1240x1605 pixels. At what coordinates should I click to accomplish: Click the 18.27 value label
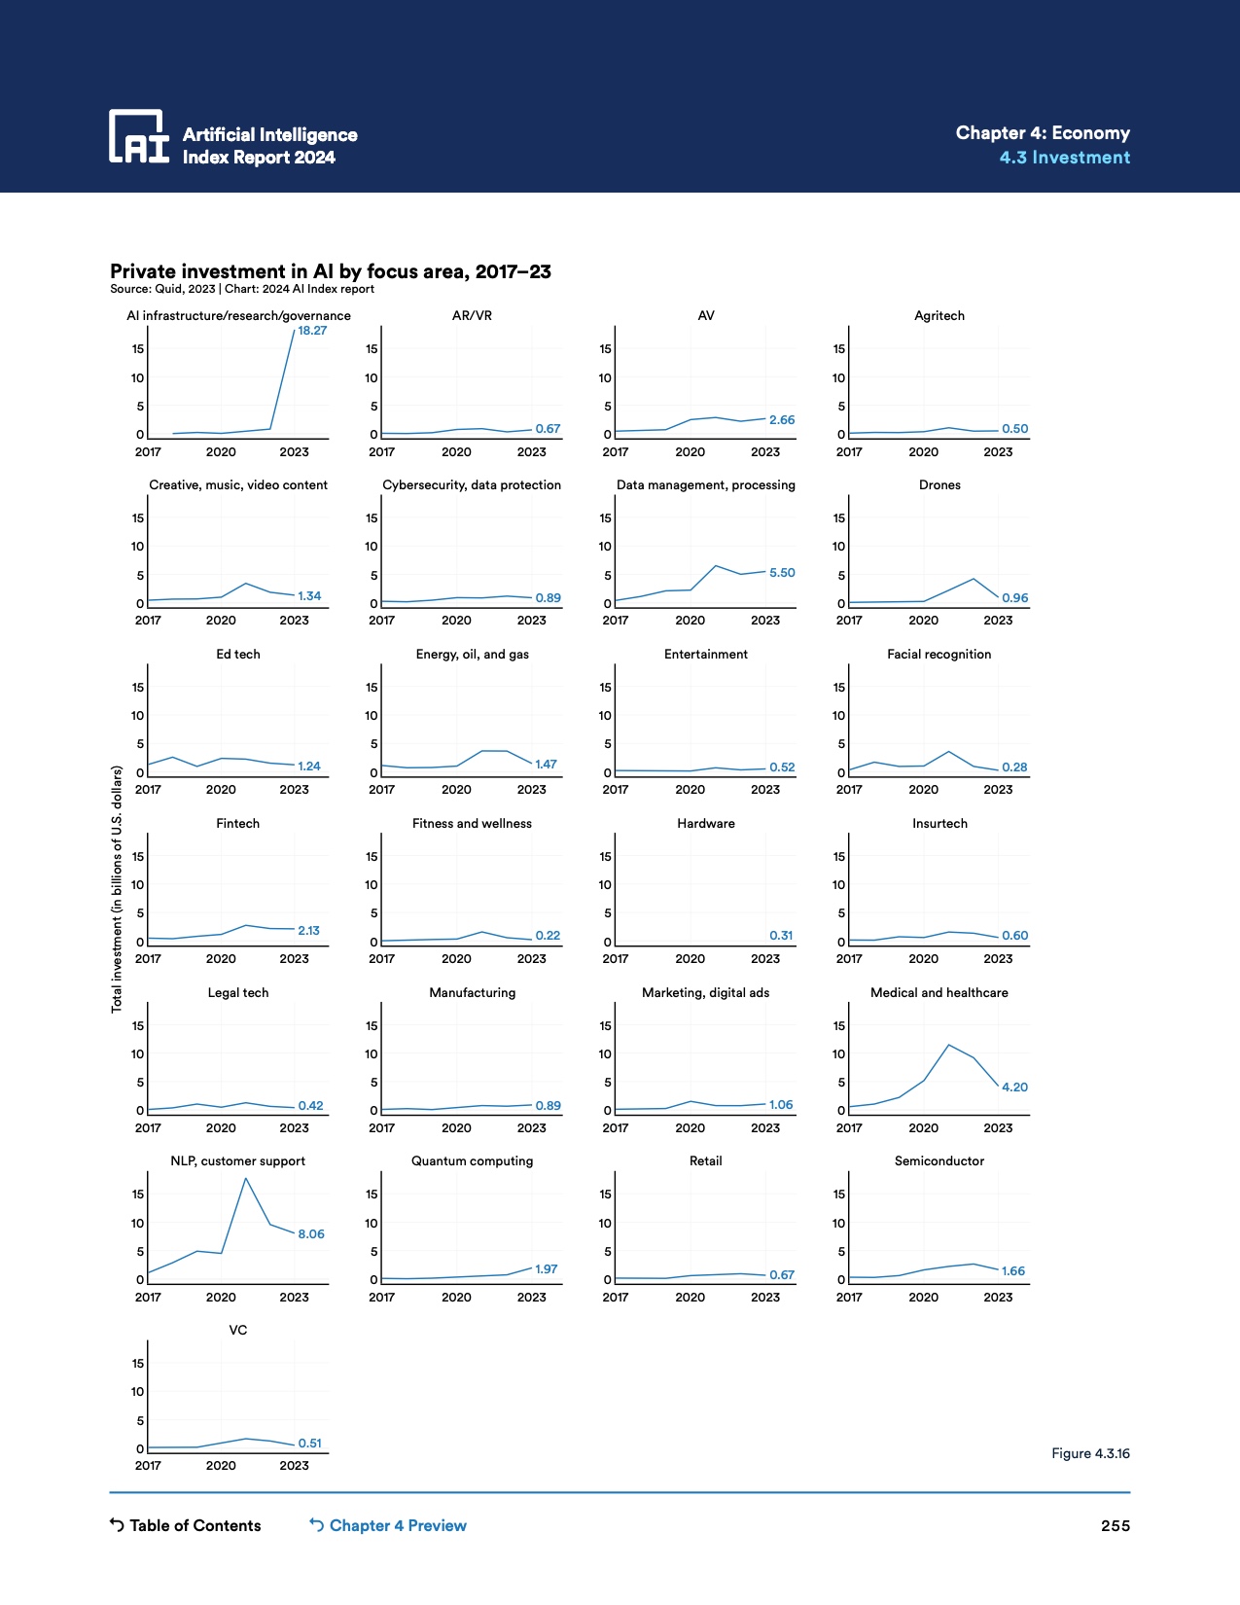pyautogui.click(x=312, y=331)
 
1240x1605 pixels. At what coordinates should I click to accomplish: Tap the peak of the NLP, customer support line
pyautogui.click(x=245, y=1178)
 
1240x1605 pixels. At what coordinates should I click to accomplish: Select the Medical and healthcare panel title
pyautogui.click(x=939, y=992)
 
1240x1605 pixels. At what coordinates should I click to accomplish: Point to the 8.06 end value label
pyautogui.click(x=311, y=1233)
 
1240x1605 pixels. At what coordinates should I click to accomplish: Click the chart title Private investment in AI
pyautogui.click(x=331, y=271)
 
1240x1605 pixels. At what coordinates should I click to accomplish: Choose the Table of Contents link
pyautogui.click(x=186, y=1525)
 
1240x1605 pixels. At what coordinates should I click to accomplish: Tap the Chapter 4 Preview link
pyautogui.click(x=388, y=1525)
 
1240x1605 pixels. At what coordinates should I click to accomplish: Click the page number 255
pyautogui.click(x=1115, y=1525)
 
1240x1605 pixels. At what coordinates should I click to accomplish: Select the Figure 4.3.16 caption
pyautogui.click(x=1090, y=1453)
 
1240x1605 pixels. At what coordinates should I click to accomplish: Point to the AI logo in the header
pyautogui.click(x=138, y=136)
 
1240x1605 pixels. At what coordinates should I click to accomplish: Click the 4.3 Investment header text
pyautogui.click(x=1064, y=158)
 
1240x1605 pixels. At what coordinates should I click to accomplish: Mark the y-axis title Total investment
pyautogui.click(x=117, y=889)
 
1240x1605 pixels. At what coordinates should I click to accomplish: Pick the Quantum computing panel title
pyautogui.click(x=472, y=1160)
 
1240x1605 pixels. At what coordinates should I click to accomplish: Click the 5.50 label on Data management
pyautogui.click(x=782, y=573)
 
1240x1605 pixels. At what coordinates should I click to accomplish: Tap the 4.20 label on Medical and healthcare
pyautogui.click(x=1014, y=1087)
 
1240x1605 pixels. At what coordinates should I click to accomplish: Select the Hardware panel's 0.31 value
pyautogui.click(x=781, y=935)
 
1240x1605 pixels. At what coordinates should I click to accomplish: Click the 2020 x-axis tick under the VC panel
pyautogui.click(x=221, y=1465)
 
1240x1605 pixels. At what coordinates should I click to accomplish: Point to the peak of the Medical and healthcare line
pyautogui.click(x=948, y=1045)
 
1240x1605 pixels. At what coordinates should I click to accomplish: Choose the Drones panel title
pyautogui.click(x=939, y=484)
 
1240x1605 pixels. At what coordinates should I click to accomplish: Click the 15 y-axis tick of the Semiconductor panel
pyautogui.click(x=838, y=1194)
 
